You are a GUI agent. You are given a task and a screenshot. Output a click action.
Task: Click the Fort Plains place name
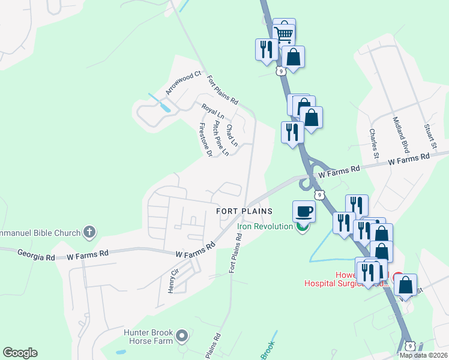[244, 211]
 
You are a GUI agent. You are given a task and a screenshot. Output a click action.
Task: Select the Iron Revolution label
[265, 226]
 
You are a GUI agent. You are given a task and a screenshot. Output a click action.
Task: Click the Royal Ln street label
[212, 112]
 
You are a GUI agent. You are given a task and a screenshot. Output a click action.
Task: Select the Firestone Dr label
[205, 140]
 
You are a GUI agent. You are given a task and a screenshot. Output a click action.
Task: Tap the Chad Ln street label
[231, 135]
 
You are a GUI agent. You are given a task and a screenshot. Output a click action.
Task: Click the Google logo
[20, 353]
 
